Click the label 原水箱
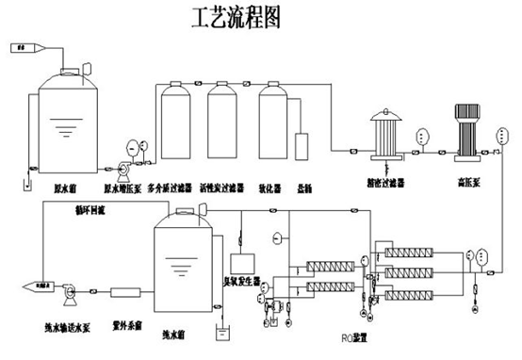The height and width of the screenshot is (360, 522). pos(64,176)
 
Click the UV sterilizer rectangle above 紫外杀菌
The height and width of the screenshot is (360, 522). pos(126,292)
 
